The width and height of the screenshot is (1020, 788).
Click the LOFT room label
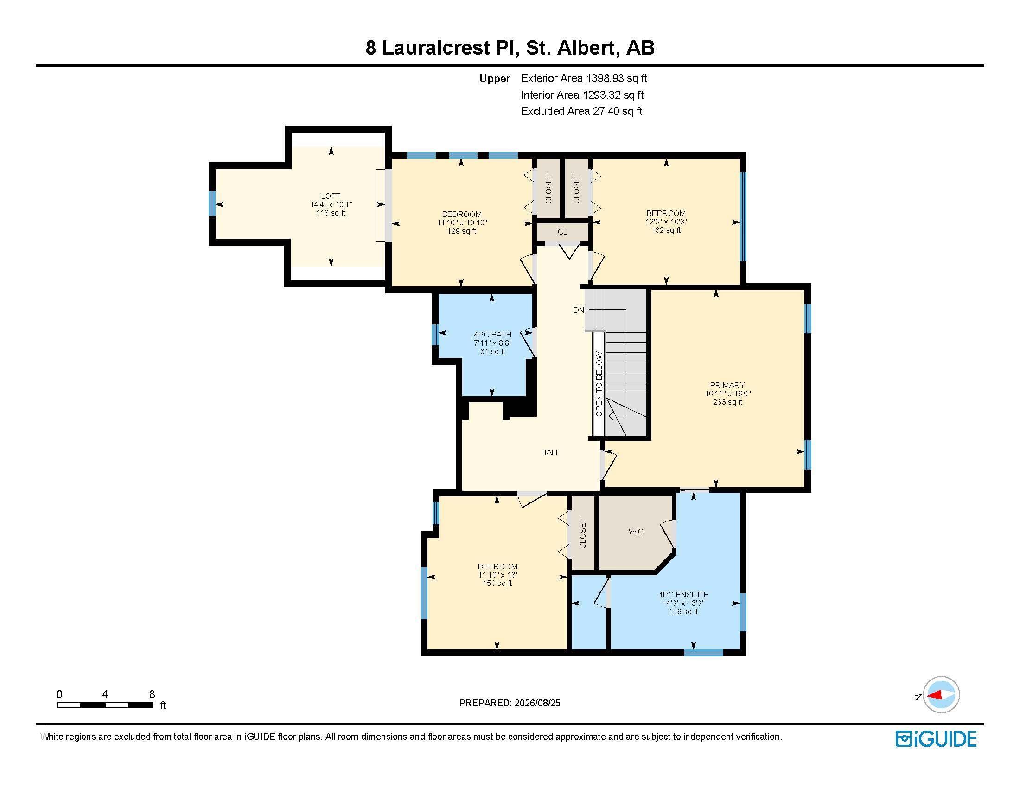pos(331,196)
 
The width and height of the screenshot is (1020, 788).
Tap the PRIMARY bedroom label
pos(727,385)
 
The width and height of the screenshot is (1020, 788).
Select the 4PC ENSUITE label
pos(683,595)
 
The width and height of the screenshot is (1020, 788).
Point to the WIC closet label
pos(636,532)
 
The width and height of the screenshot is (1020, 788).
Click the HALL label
pos(550,452)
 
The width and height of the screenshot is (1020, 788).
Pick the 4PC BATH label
pos(492,335)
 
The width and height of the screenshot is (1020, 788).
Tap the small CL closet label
pos(562,232)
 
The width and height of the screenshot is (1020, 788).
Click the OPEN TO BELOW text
pos(599,384)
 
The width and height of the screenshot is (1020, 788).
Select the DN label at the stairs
pos(579,310)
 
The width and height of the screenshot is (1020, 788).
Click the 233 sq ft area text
pos(727,402)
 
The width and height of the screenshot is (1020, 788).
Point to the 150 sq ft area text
pos(497,583)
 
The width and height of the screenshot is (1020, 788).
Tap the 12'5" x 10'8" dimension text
pos(666,222)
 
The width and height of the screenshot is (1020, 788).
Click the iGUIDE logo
pos(936,739)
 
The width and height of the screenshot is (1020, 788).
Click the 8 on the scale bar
pos(152,694)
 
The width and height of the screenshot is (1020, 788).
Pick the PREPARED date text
pos(510,703)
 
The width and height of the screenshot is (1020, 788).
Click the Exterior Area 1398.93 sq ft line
pos(584,78)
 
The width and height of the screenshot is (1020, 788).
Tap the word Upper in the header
pos(495,79)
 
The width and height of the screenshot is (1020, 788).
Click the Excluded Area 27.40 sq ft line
pos(581,111)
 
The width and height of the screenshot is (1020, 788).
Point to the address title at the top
pos(510,48)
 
